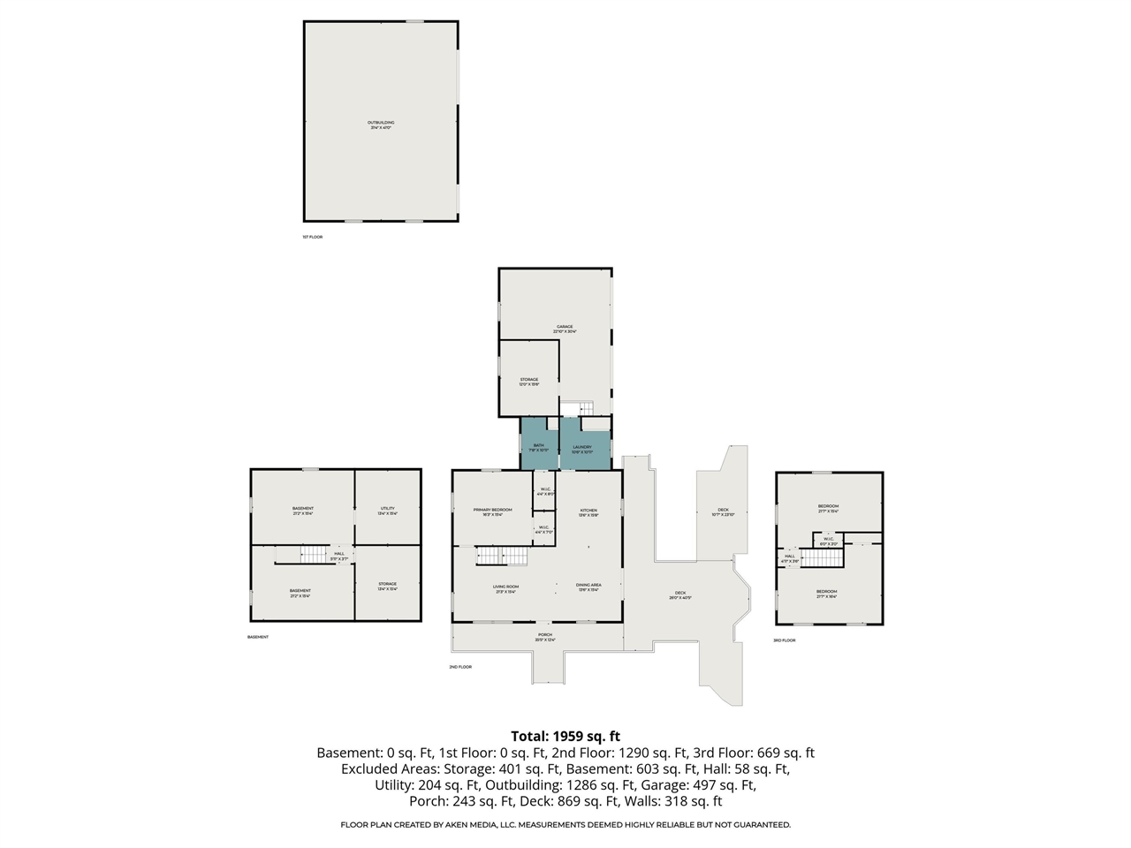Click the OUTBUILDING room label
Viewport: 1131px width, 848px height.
click(381, 123)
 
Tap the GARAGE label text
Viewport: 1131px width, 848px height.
click(564, 327)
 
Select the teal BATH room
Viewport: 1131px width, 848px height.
click(539, 446)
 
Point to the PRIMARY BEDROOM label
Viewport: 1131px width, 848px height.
click(492, 511)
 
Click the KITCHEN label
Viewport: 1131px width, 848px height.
click(588, 511)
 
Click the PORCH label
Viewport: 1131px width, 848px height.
click(545, 635)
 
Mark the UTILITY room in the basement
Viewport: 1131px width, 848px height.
click(387, 509)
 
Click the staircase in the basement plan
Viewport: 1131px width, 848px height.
click(315, 555)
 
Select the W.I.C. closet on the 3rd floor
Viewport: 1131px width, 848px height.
click(829, 540)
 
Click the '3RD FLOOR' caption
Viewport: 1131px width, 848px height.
click(784, 640)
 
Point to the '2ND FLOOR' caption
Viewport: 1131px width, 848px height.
click(460, 667)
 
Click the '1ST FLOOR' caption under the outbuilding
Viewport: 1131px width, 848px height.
click(313, 237)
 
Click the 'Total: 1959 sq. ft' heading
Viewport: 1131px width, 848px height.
click(565, 736)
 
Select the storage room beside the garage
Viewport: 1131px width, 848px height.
click(528, 380)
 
